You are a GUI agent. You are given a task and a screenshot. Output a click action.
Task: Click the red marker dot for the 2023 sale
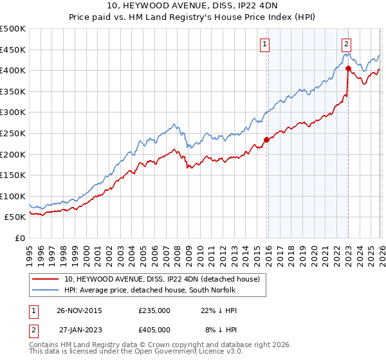pyautogui.click(x=348, y=67)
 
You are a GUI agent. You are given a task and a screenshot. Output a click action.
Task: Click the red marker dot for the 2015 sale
pyautogui.click(x=266, y=139)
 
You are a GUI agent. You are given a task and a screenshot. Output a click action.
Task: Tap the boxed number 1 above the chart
pyautogui.click(x=264, y=44)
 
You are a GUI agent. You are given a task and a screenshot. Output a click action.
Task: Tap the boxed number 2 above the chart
pyautogui.click(x=346, y=44)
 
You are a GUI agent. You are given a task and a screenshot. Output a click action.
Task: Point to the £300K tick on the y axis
pyautogui.click(x=14, y=113)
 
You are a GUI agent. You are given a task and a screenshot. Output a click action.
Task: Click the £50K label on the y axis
pyautogui.click(x=15, y=217)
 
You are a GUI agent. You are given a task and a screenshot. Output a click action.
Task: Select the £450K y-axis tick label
pyautogui.click(x=14, y=50)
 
